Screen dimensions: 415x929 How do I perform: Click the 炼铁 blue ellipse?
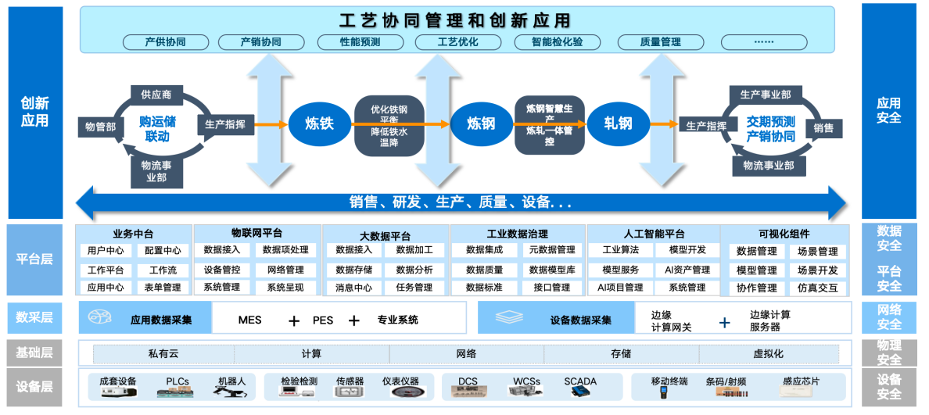[321, 123]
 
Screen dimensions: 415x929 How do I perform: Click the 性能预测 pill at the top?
[360, 42]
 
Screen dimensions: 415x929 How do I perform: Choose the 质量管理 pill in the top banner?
[660, 42]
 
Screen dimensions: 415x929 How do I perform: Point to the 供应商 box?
[156, 95]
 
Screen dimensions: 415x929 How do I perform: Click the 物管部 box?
[100, 126]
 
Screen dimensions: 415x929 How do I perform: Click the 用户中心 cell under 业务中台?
[105, 251]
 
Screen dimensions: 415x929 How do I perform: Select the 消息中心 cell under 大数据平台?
[353, 288]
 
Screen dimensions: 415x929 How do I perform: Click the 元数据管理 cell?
[551, 250]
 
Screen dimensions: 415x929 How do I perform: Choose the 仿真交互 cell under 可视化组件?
[817, 288]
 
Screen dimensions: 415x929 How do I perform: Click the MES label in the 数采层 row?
[249, 320]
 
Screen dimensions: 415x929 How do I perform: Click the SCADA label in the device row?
[579, 381]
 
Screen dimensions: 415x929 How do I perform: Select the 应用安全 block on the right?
[888, 111]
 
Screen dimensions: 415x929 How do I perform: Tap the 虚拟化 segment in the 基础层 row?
[768, 354]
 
